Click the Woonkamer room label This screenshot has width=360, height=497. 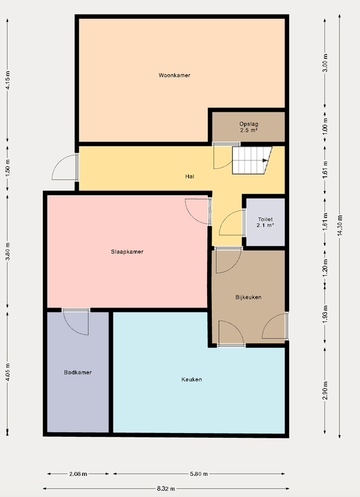click(x=174, y=75)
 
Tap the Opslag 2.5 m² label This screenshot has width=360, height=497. click(x=248, y=127)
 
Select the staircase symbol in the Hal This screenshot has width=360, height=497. click(x=252, y=160)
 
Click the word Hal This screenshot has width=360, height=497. click(x=190, y=176)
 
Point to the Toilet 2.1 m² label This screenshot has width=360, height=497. click(x=265, y=222)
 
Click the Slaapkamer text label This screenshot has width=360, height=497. click(x=127, y=252)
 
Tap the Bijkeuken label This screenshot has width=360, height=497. click(x=248, y=298)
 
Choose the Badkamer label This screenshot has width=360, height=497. click(x=78, y=372)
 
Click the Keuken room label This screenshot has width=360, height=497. click(x=192, y=380)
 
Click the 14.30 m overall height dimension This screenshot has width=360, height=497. click(x=340, y=226)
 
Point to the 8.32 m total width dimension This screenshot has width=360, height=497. click(x=166, y=488)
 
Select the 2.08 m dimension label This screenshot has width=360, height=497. click(x=78, y=474)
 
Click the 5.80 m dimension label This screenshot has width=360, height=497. click(x=199, y=474)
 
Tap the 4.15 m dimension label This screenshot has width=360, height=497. click(x=8, y=80)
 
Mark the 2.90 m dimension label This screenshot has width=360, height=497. click(x=325, y=391)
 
